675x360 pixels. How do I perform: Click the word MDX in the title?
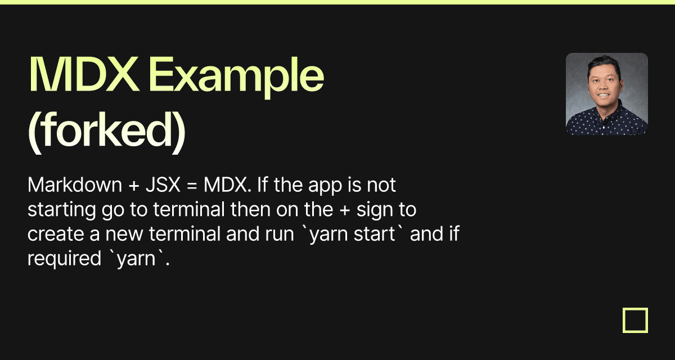click(84, 74)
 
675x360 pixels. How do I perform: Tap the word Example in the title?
click(236, 78)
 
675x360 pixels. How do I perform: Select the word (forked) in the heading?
click(107, 132)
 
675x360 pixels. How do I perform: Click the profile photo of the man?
click(606, 94)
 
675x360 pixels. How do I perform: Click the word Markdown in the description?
click(75, 184)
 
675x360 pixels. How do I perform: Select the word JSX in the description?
click(163, 184)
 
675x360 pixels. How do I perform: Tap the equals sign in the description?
click(192, 186)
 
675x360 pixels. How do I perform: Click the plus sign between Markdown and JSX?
click(134, 186)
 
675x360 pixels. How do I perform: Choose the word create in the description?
click(56, 234)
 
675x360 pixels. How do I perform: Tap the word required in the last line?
click(65, 259)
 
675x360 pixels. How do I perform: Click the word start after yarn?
click(374, 235)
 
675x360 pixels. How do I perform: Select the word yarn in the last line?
click(136, 260)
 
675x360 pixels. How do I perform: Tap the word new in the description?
click(124, 235)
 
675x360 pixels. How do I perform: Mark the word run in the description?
click(280, 235)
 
